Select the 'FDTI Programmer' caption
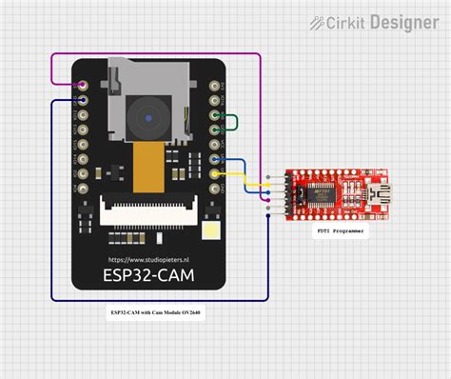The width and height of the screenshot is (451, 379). pos(340,229)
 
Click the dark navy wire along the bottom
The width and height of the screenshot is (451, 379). pos(152,300)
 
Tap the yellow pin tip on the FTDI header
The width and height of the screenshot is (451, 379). pos(268,185)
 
